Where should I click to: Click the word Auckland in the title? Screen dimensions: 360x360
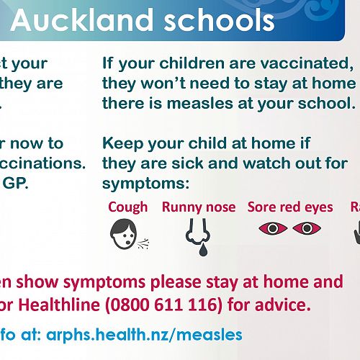click(x=81, y=21)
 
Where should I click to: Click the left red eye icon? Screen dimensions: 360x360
click(x=272, y=229)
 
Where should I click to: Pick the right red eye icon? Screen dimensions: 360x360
click(x=307, y=229)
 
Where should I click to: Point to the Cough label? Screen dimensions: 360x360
click(x=127, y=207)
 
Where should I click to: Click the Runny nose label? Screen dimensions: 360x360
click(x=199, y=207)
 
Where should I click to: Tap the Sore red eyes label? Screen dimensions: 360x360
click(x=290, y=207)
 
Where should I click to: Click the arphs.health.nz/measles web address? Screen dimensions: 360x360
click(x=144, y=335)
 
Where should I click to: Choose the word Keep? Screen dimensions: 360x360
click(x=122, y=143)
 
